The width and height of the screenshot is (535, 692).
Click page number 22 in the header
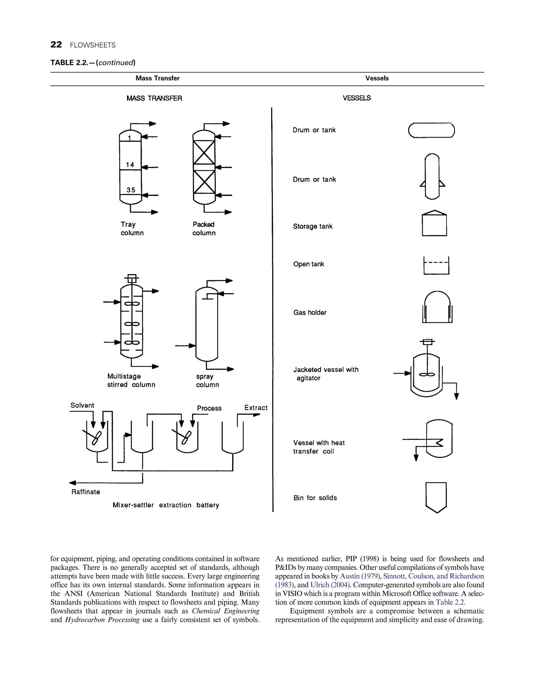(x=56, y=45)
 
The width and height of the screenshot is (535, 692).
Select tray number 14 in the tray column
(x=130, y=165)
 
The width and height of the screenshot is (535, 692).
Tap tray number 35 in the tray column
(x=131, y=190)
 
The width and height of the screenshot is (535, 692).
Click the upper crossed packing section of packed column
(x=204, y=153)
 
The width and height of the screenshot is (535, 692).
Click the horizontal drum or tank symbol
(x=431, y=130)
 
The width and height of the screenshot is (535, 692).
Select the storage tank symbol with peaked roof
(x=434, y=223)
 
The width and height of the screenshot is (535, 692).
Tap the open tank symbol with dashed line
(x=436, y=266)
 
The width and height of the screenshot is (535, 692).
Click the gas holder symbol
(x=437, y=307)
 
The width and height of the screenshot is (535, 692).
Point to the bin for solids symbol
(x=436, y=497)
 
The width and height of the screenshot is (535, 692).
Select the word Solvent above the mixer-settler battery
(x=82, y=405)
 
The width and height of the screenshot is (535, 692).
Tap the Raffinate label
(x=86, y=492)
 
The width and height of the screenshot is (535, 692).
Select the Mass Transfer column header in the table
(x=157, y=78)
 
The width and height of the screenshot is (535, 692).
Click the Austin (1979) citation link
(x=360, y=576)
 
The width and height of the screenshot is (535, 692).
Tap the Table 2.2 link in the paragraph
(x=450, y=602)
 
